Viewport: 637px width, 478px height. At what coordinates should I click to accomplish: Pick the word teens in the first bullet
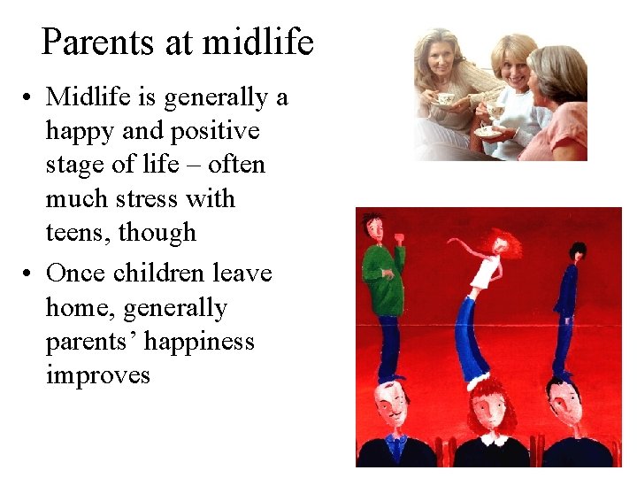point(77,233)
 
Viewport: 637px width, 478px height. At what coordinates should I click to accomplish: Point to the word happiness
point(194,341)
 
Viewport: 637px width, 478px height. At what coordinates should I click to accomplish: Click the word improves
point(97,374)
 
